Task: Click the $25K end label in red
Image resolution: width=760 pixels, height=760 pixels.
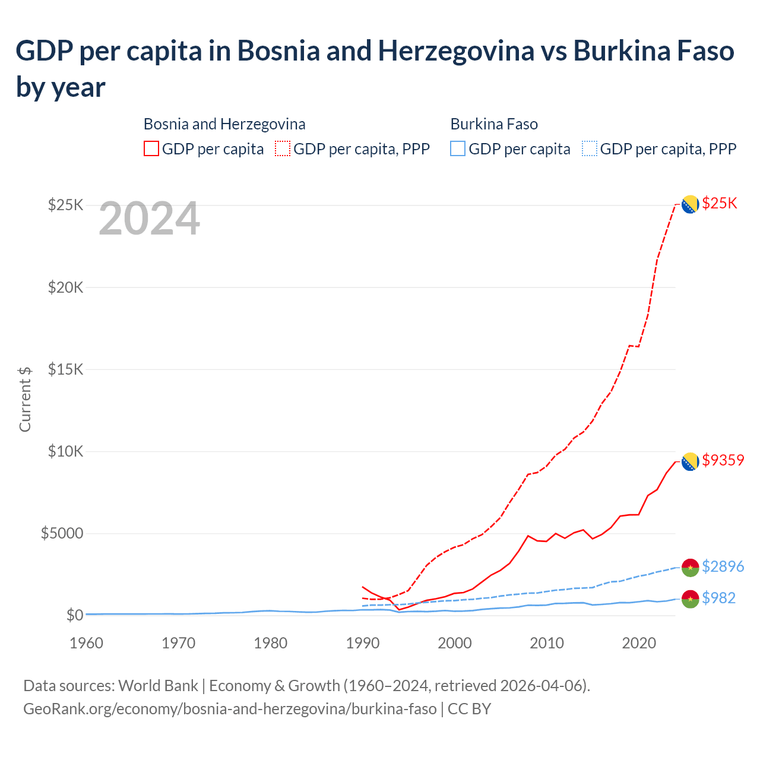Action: [719, 204]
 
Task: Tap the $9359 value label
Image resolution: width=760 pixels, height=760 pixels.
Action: [723, 460]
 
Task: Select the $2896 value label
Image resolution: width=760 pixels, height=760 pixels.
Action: [723, 566]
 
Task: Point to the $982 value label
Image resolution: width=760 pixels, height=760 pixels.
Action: [718, 598]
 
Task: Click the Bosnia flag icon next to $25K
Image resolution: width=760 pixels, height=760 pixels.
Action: [689, 204]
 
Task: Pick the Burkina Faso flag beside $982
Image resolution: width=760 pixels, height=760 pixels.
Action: [690, 598]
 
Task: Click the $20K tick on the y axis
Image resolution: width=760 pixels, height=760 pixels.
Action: [66, 288]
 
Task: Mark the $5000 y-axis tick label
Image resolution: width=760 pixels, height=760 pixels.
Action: [62, 533]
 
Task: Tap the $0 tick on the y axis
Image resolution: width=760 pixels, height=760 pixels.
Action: [74, 615]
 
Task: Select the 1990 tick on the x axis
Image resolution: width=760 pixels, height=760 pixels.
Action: [363, 643]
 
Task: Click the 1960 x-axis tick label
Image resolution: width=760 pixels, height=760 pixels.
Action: [87, 643]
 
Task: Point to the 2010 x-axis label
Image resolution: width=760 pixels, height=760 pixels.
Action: [547, 643]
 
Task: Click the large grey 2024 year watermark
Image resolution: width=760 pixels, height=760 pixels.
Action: [149, 218]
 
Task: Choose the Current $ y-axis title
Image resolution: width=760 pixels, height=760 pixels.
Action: [25, 399]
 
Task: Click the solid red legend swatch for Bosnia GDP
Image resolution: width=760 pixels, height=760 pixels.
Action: [151, 148]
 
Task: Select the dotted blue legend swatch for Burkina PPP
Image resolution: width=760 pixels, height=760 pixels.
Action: [590, 148]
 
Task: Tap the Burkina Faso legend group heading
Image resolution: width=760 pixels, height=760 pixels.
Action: [494, 124]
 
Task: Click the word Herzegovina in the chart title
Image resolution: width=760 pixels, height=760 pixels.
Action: [456, 51]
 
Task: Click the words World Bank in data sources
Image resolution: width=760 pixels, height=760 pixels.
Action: [158, 686]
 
